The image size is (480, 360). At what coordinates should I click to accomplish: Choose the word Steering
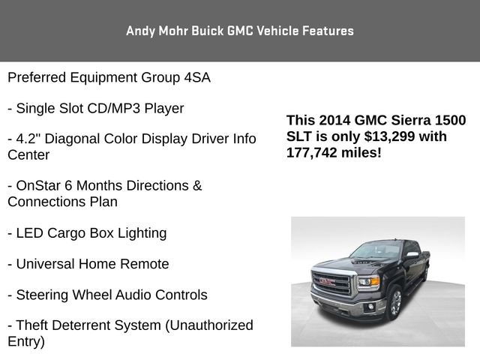pos(45,295)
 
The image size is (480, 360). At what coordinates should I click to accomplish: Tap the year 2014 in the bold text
pos(334,121)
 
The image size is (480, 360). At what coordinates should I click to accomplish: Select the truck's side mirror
pos(412,255)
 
